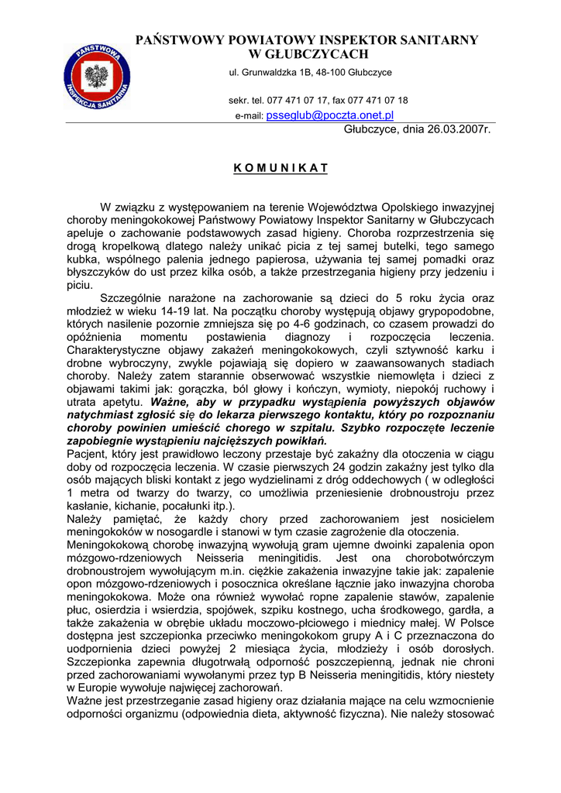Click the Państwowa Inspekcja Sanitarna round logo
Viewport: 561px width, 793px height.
coord(98,77)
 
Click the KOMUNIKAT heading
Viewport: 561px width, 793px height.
coord(280,168)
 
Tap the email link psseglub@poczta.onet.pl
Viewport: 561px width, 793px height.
coord(330,115)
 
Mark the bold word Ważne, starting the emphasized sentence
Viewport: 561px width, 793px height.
coord(171,403)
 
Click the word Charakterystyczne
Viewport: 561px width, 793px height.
coord(124,350)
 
